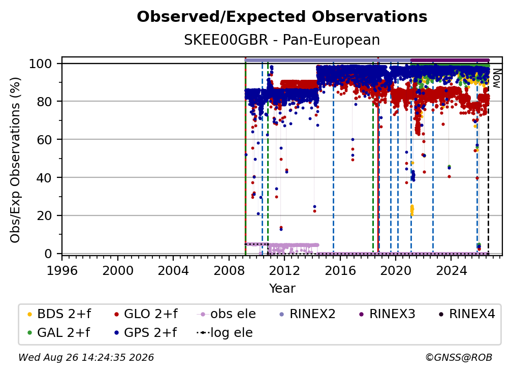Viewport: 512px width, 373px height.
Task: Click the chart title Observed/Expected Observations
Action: [x=282, y=17]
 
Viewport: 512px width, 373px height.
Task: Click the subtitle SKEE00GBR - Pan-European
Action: [x=282, y=40]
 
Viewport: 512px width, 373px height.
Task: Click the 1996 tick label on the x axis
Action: [x=62, y=270]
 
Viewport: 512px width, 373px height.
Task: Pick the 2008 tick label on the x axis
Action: [x=229, y=270]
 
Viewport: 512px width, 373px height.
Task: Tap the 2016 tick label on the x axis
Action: [x=340, y=270]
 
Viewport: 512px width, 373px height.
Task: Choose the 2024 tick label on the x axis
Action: [x=451, y=270]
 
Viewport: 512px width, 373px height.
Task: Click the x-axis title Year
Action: [x=282, y=289]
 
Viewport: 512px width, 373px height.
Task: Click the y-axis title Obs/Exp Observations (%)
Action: [x=15, y=160]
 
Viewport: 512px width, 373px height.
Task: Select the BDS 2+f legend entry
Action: [x=59, y=314]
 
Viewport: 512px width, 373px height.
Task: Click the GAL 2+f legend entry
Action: [x=58, y=333]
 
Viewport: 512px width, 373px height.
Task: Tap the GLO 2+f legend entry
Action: [x=146, y=314]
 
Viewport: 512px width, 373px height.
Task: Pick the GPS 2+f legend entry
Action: [x=145, y=333]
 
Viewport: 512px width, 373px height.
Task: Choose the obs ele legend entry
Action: [x=227, y=314]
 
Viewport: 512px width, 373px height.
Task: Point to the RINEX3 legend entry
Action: [x=387, y=314]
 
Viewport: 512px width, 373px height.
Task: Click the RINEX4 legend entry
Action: [x=467, y=314]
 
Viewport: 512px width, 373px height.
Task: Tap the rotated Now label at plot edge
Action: [x=496, y=78]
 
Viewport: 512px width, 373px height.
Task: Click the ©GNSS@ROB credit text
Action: [x=459, y=357]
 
